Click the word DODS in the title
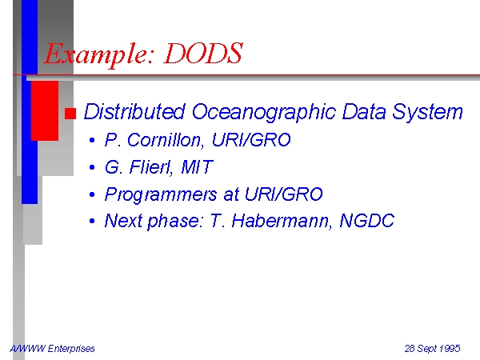pyautogui.click(x=203, y=53)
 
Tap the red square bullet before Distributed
pyautogui.click(x=70, y=114)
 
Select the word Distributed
pyautogui.click(x=134, y=111)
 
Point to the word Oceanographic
pyautogui.click(x=264, y=113)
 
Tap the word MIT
pyautogui.click(x=197, y=167)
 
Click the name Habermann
pyautogui.click(x=281, y=221)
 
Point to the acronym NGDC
pyautogui.click(x=367, y=221)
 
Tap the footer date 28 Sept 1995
pyautogui.click(x=433, y=349)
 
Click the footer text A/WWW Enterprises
pyautogui.click(x=52, y=349)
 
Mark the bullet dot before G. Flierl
pyautogui.click(x=92, y=167)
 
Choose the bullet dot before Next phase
pyautogui.click(x=92, y=221)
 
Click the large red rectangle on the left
pyautogui.click(x=45, y=111)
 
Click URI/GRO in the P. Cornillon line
pyautogui.click(x=251, y=140)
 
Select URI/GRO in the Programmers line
pyautogui.click(x=284, y=194)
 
